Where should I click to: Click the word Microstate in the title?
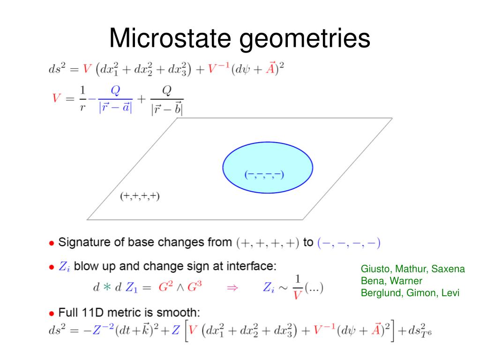pyautogui.click(x=170, y=38)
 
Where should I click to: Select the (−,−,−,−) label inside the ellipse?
pyautogui.click(x=264, y=175)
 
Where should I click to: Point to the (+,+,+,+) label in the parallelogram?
pyautogui.click(x=140, y=196)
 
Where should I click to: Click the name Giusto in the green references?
pyautogui.click(x=376, y=269)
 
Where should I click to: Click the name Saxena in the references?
pyautogui.click(x=448, y=269)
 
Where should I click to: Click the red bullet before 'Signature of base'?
pyautogui.click(x=52, y=243)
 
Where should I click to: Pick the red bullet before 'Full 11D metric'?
pyautogui.click(x=52, y=313)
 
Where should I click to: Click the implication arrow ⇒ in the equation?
pyautogui.click(x=232, y=287)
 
